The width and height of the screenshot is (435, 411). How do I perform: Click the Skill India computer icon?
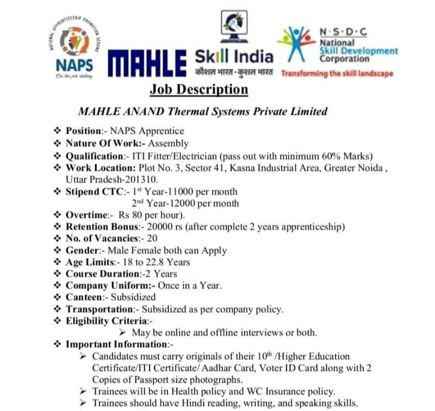coord(236,24)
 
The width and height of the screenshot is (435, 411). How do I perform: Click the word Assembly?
coord(170,144)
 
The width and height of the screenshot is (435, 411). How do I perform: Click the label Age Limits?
coord(90,262)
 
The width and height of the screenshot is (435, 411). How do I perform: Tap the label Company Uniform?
coord(103,285)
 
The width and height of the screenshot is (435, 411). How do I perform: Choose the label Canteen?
coord(84,297)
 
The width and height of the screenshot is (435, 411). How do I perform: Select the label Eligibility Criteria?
coord(103,321)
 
